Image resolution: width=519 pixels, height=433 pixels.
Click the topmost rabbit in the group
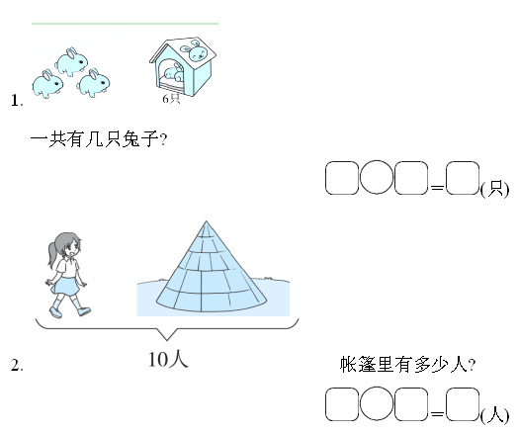pos(71,61)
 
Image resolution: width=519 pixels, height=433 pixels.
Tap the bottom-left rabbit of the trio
pos(47,84)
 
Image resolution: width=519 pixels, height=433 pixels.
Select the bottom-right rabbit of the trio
pos(93,83)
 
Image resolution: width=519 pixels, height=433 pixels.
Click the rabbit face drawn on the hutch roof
pos(195,50)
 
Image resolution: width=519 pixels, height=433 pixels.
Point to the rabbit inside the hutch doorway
pos(174,73)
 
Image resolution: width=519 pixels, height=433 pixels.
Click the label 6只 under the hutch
pos(171,99)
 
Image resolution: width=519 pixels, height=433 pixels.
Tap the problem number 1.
pos(17,100)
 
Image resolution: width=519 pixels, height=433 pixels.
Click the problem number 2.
pos(17,365)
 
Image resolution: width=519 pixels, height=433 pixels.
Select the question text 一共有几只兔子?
pos(99,139)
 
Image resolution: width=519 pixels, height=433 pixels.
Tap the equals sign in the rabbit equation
pos(437,188)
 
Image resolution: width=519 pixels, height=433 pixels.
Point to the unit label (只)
pos(494,190)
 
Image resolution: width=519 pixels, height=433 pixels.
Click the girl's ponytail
pos(52,254)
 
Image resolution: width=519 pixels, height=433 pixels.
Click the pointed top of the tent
pos(206,221)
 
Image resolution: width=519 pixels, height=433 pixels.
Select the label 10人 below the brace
pos(168,360)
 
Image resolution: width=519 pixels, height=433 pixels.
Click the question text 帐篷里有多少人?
pos(407,365)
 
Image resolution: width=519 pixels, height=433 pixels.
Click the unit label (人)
pos(494,415)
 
